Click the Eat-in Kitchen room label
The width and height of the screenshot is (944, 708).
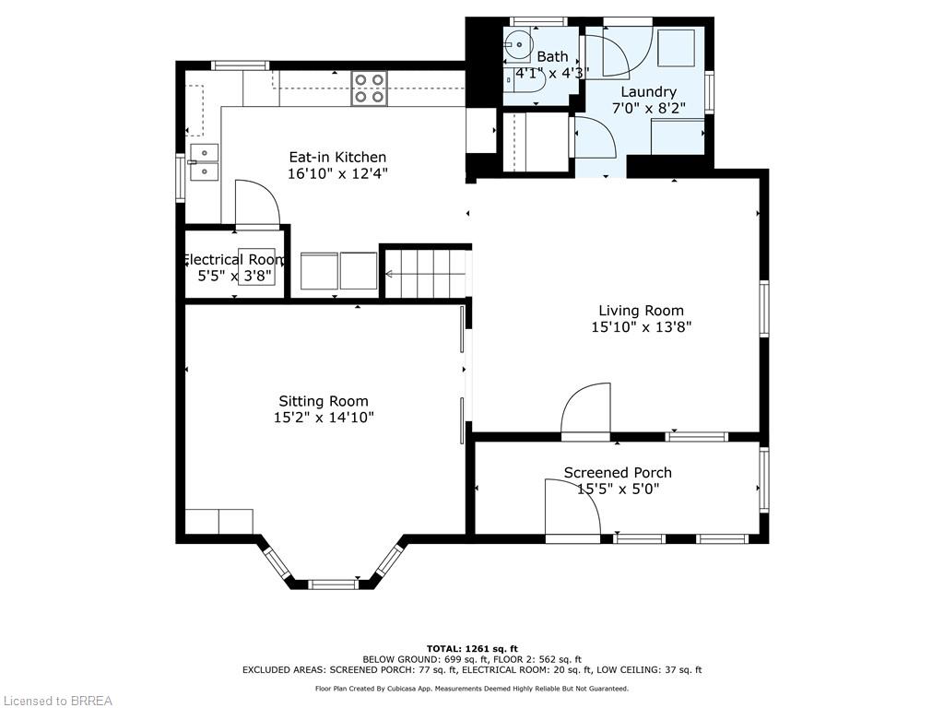(x=337, y=157)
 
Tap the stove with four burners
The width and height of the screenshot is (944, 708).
(x=369, y=88)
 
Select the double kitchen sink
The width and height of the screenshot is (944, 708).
(x=204, y=162)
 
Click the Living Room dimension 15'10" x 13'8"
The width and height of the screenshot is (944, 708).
(x=641, y=326)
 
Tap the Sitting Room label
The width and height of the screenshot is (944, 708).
(x=324, y=401)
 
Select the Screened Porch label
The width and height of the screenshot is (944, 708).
(x=618, y=473)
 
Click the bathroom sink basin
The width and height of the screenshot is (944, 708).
(x=519, y=41)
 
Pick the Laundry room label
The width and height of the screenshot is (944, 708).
(x=648, y=92)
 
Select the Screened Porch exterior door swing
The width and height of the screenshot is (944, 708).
(x=572, y=509)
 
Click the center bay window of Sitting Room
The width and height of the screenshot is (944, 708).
(x=333, y=584)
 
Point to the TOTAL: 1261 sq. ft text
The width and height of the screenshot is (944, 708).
(x=471, y=648)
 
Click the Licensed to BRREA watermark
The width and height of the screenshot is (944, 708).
(x=57, y=701)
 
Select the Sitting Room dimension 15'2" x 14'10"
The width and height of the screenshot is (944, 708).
(x=324, y=418)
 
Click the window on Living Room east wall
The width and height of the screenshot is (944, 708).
(x=764, y=309)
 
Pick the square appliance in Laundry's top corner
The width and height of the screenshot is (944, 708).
(x=676, y=46)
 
